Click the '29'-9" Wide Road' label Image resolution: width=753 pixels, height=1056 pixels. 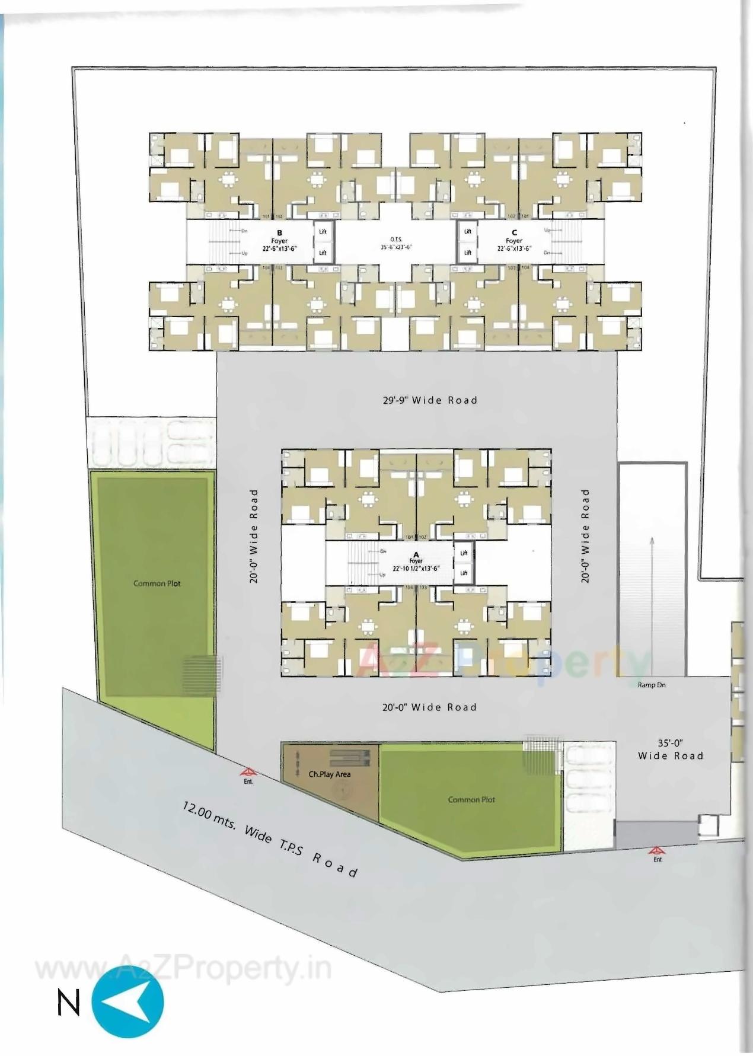430,400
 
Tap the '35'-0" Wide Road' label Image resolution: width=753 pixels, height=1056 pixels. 671,749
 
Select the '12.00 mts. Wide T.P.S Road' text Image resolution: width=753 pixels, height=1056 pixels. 270,838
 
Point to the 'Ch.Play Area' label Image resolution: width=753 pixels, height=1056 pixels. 330,774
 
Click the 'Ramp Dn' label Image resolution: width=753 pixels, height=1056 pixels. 652,685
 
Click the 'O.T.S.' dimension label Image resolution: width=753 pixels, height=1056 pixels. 396,243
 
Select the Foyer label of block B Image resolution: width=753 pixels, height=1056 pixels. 280,241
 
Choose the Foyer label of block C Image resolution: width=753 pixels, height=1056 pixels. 514,241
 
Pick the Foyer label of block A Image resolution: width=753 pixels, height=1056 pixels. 416,561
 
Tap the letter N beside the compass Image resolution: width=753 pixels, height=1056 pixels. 69,1003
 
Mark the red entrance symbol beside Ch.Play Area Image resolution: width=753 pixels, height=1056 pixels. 248,773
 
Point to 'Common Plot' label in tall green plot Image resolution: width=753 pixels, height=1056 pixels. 157,583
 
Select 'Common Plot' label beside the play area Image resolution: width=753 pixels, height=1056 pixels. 471,799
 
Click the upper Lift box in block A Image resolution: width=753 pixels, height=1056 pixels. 464,553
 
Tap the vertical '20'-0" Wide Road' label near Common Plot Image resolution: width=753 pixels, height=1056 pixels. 254,536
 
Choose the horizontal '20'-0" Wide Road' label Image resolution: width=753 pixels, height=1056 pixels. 429,707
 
